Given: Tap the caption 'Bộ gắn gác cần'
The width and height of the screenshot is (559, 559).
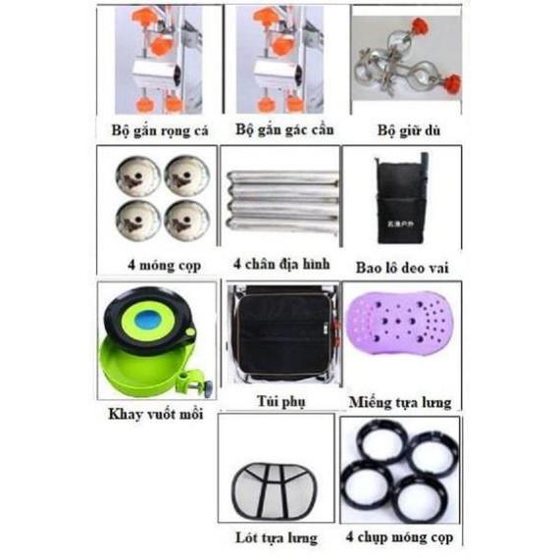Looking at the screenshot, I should pyautogui.click(x=279, y=130).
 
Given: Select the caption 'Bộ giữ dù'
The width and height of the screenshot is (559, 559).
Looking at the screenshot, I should pyautogui.click(x=401, y=130).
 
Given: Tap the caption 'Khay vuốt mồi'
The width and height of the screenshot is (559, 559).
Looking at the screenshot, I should pyautogui.click(x=155, y=412).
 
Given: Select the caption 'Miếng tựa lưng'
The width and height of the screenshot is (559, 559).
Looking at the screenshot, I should pyautogui.click(x=398, y=401).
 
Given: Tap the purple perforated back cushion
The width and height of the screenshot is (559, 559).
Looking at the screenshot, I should pyautogui.click(x=397, y=335).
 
